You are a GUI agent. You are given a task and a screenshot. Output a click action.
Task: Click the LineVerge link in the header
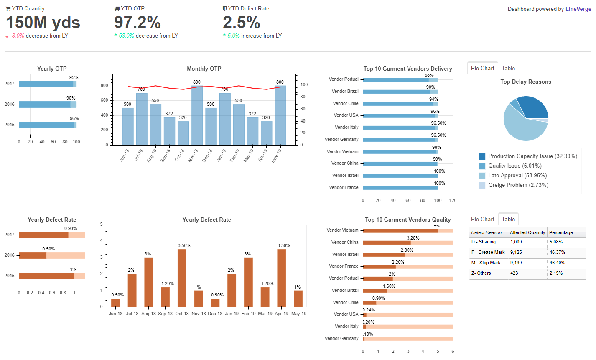[578, 9]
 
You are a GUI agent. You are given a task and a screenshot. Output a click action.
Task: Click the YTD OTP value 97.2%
[138, 23]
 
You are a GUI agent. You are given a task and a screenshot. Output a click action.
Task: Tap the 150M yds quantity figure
[43, 23]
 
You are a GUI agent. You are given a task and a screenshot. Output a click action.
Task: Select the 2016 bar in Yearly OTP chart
[45, 105]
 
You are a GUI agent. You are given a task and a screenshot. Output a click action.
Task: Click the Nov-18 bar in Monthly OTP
[197, 115]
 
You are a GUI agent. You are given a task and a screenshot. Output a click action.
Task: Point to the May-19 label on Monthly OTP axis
[276, 156]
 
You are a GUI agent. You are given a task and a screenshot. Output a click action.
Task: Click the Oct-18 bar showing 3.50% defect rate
[182, 278]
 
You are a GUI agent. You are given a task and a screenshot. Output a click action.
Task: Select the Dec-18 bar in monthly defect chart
[215, 303]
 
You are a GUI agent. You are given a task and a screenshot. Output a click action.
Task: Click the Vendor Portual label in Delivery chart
[344, 79]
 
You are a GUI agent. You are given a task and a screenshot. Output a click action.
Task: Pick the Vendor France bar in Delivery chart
[400, 188]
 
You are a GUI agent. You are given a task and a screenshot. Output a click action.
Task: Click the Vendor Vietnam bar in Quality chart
[400, 230]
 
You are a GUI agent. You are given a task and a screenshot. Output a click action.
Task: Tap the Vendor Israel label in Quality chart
[345, 254]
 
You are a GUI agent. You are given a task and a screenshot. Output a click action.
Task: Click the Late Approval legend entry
[517, 176]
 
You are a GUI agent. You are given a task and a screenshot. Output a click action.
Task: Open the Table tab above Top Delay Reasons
[508, 68]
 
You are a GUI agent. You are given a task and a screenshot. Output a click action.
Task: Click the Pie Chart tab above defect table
[482, 219]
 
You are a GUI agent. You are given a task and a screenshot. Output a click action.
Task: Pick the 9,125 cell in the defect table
[516, 252]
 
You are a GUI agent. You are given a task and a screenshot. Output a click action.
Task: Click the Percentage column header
[561, 232]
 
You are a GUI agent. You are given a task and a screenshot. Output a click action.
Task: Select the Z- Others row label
[481, 273]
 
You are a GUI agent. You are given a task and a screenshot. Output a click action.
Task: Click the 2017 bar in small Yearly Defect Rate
[43, 235]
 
